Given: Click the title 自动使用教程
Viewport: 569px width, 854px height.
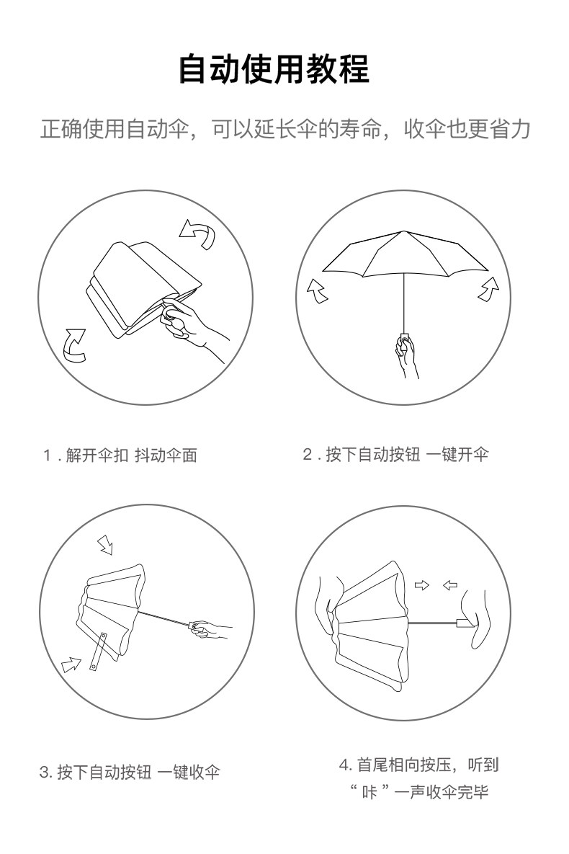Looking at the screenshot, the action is pos(274,68).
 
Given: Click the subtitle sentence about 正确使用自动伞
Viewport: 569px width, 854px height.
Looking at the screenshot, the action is pos(284,130).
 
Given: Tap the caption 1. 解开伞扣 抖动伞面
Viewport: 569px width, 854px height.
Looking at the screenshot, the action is pos(120,455).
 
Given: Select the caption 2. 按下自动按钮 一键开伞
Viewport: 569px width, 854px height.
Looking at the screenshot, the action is pos(396,454).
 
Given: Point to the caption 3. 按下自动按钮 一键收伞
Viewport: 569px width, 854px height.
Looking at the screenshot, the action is pos(130,772).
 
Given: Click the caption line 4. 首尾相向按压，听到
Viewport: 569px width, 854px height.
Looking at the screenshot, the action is pos(418,765).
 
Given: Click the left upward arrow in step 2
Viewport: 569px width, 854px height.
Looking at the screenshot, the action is pos(317,290).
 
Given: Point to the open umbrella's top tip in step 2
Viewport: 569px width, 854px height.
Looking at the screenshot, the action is pos(403,231).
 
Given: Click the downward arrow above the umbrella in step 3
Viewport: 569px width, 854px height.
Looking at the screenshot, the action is pos(105,545).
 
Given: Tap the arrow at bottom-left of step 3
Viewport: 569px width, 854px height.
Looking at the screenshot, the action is pos(71,664).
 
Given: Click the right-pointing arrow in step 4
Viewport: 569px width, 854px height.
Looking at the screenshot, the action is pos(421,585).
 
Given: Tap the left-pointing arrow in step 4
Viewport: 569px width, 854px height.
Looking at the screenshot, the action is pos(449,585).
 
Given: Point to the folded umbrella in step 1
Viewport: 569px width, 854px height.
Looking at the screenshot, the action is pos(143,289).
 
